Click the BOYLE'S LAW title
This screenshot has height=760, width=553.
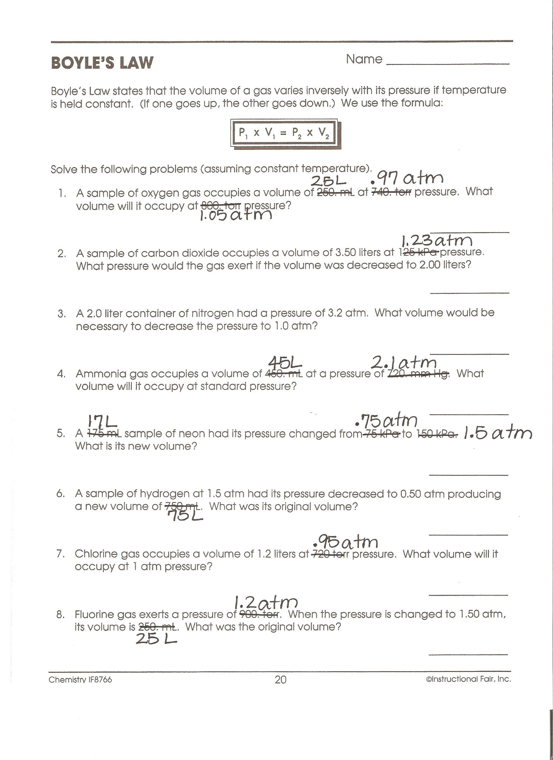coord(102,63)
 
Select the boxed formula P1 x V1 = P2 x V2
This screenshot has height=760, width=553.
coord(284,133)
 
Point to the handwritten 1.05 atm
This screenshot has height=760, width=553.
coord(236,215)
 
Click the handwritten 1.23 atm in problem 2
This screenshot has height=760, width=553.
coord(437,240)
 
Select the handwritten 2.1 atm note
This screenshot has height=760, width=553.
coord(404,362)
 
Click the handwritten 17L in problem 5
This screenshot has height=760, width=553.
coord(102,422)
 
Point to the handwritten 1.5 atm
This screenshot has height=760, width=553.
coord(497,433)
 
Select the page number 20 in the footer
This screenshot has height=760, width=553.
coord(280,680)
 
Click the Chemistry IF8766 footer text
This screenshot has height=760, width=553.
coord(80,680)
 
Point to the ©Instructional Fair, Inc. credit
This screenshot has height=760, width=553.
coord(468,679)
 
